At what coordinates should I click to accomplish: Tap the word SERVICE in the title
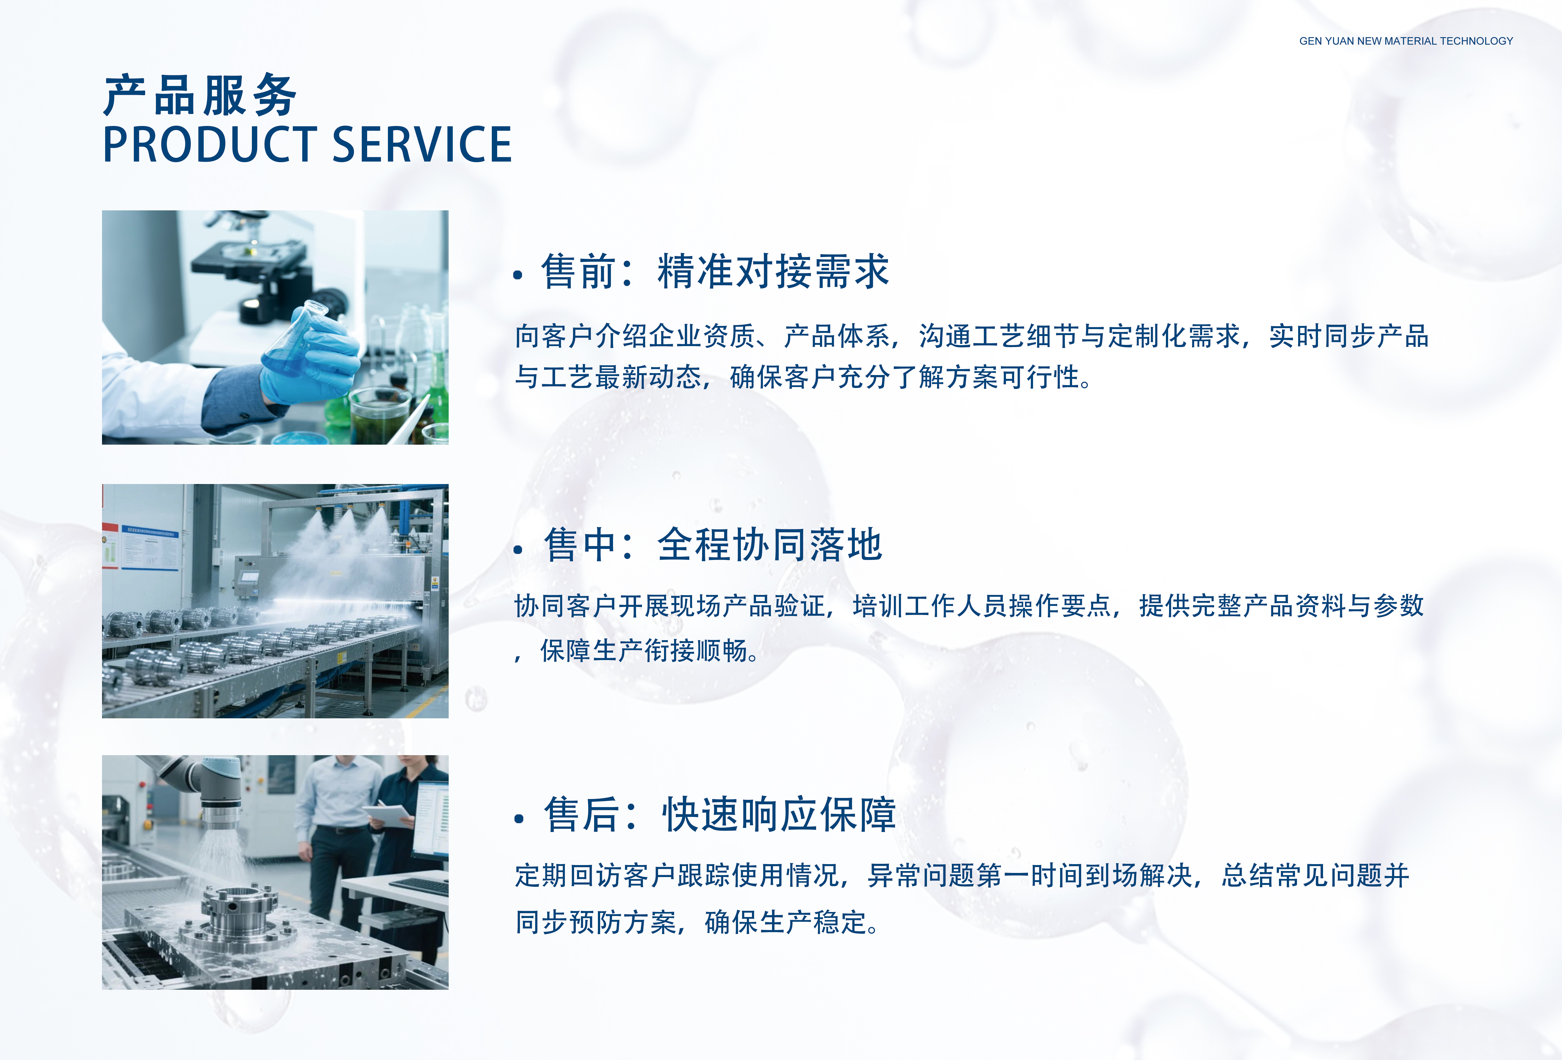(422, 145)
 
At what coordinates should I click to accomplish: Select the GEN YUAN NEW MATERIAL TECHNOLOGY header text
(1406, 41)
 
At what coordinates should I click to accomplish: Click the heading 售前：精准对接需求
(715, 271)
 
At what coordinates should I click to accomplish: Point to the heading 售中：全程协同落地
(713, 544)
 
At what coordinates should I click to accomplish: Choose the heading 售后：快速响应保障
(720, 815)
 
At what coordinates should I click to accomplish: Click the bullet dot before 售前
(518, 275)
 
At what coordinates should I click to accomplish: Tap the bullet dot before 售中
(518, 549)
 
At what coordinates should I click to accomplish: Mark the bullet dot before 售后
(518, 819)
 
